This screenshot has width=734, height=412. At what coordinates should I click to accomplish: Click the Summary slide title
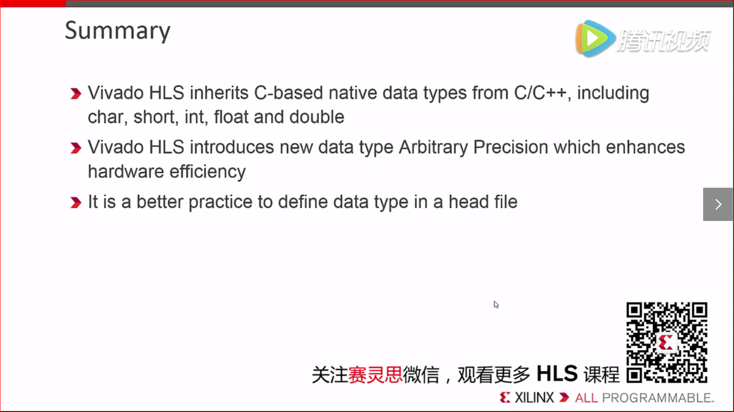coord(118,31)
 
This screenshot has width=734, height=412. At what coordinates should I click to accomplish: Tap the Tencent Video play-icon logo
coord(595,38)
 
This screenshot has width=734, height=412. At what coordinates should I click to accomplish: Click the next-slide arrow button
coord(718,204)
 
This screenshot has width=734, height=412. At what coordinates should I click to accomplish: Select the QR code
coord(667,343)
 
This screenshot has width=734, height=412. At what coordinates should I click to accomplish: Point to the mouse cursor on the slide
coord(496,305)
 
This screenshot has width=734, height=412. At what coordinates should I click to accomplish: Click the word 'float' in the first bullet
coord(231,117)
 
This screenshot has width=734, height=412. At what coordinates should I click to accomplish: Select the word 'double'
coord(317,117)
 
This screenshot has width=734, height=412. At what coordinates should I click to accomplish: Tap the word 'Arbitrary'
coord(433,147)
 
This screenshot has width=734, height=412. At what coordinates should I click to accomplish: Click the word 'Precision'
coord(510,147)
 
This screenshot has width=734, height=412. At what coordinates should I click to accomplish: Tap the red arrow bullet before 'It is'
coord(75,203)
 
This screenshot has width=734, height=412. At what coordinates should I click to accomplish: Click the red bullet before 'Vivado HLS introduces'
coord(75,148)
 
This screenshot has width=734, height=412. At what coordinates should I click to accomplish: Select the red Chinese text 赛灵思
coord(375,374)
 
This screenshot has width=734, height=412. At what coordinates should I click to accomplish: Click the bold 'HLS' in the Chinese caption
coord(557,374)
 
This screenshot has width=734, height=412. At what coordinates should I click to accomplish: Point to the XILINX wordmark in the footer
coord(534,398)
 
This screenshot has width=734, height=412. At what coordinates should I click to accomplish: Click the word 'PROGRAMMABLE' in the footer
coord(657,398)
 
